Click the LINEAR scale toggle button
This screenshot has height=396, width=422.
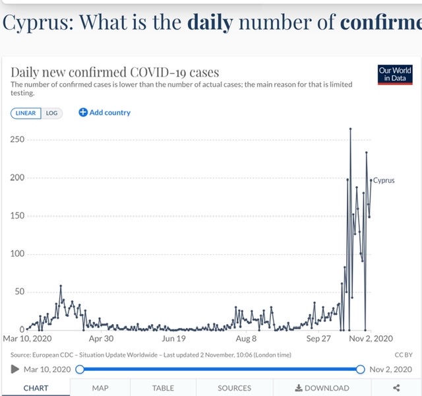tap(26, 113)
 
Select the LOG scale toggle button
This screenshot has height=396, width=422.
tap(51, 113)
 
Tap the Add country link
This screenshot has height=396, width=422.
tap(105, 113)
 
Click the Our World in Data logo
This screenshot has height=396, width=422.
tap(395, 74)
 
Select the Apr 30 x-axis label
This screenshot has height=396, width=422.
tap(101, 339)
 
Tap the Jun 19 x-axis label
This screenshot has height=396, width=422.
tap(173, 339)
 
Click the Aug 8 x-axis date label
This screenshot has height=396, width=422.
tap(246, 339)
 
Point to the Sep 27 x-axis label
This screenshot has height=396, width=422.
tap(318, 339)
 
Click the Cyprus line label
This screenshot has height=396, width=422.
tap(384, 180)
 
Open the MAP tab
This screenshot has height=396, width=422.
tap(100, 388)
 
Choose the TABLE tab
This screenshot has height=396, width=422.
tap(163, 388)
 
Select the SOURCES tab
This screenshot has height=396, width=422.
tap(234, 388)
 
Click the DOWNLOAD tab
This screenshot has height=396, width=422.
tap(322, 388)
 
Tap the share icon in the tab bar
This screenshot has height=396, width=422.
tap(396, 388)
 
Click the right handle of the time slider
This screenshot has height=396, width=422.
tap(361, 369)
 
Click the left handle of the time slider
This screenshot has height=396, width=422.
tap(80, 369)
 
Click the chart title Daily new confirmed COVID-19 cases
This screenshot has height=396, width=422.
tap(115, 72)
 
